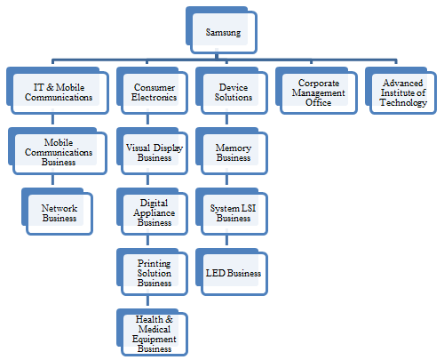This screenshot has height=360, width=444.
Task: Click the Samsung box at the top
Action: point(221,30)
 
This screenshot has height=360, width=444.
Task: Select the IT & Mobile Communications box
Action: point(58,91)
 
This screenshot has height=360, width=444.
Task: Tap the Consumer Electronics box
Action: point(152,91)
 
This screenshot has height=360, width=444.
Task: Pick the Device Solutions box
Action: point(232,91)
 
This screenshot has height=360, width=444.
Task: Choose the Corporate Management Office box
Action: point(316,91)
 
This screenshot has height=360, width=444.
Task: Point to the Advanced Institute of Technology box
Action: point(400,91)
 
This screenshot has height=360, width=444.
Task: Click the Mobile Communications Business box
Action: point(58,151)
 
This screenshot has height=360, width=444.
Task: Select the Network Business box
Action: point(58,212)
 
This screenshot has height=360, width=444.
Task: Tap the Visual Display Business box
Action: point(152,151)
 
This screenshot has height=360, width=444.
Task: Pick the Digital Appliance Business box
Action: point(152,212)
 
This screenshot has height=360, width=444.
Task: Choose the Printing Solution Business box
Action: point(152,272)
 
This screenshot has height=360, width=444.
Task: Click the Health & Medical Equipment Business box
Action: point(152,332)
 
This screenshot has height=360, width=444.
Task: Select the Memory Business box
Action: point(232,151)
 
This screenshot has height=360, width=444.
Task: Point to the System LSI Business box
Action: point(232,212)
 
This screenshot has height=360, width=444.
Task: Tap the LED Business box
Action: point(232,272)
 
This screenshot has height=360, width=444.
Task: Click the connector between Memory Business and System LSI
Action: point(226,180)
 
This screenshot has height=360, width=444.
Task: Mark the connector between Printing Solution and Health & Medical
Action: point(147,300)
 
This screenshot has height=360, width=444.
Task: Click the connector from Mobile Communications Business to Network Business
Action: point(52,180)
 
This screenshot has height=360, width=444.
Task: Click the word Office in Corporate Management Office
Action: point(318,102)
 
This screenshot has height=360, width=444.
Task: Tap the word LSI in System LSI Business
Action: point(249,208)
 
